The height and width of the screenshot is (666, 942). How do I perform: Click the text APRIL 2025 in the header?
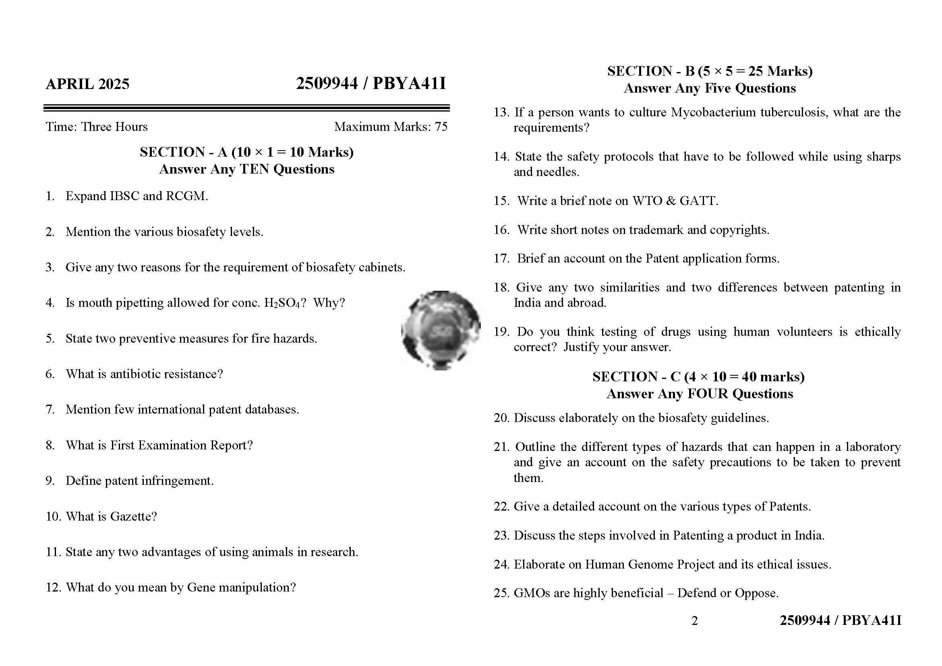pos(87,84)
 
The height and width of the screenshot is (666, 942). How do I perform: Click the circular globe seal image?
pos(441,330)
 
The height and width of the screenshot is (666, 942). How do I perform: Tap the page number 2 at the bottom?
pos(694,621)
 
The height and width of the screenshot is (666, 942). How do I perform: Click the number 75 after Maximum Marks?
pos(441,127)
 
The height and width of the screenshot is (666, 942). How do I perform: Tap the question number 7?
pos(50,409)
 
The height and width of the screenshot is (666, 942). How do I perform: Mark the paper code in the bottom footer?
pos(840,620)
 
